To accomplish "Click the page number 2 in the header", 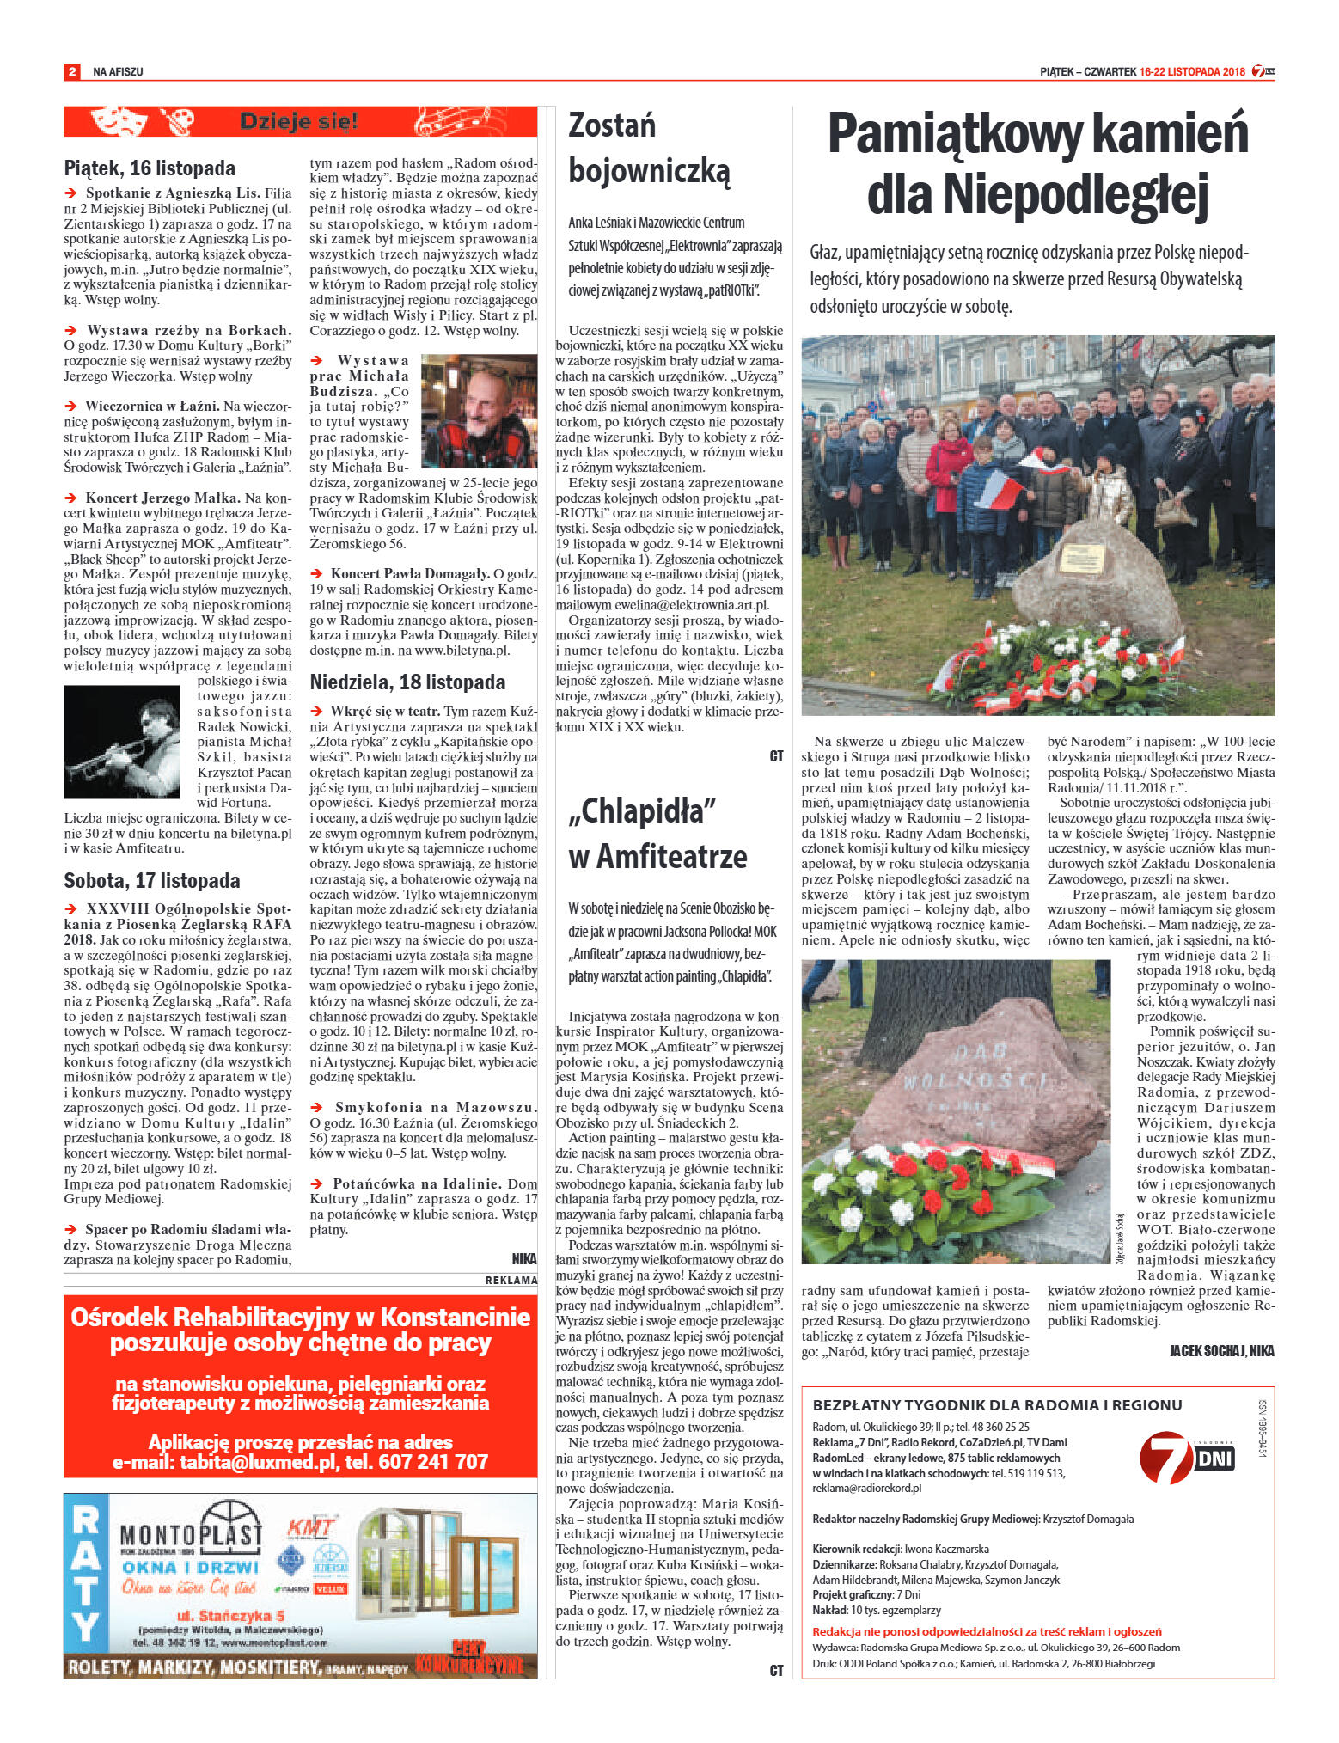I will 71,71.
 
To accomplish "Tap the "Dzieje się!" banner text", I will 298,121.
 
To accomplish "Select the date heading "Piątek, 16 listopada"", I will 150,168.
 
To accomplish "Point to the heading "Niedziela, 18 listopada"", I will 407,682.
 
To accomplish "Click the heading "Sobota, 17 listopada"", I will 151,880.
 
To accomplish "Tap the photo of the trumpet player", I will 121,742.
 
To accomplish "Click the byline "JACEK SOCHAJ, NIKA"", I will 1221,1351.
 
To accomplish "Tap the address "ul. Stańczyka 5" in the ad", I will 230,1615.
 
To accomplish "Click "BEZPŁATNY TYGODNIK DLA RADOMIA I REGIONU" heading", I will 997,1405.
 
